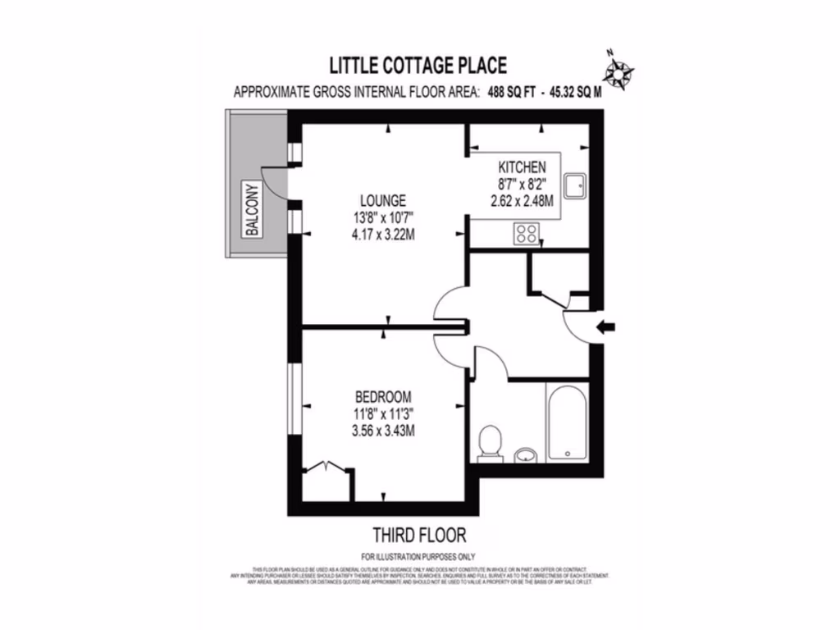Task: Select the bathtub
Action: (567, 422)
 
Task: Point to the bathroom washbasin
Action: (524, 454)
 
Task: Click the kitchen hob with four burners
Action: (527, 235)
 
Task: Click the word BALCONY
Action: (253, 211)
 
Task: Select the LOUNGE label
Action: (382, 200)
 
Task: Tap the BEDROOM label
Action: (383, 396)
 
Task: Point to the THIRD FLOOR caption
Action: (419, 536)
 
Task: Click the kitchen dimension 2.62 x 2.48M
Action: (520, 199)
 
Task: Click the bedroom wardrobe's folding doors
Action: (326, 468)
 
